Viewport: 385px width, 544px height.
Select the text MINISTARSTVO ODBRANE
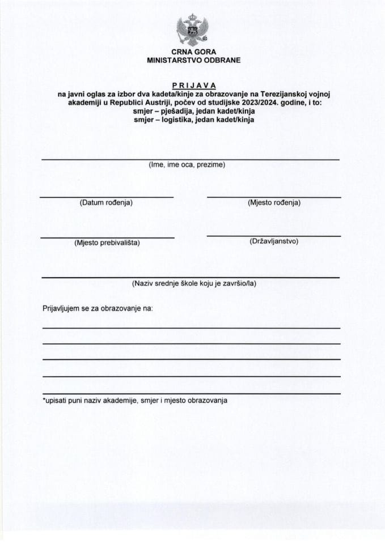pyautogui.click(x=193, y=59)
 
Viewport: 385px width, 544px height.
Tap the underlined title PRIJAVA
pyautogui.click(x=193, y=86)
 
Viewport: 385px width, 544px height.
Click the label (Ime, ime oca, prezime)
pyautogui.click(x=187, y=165)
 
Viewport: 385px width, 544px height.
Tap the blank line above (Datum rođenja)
pyautogui.click(x=107, y=197)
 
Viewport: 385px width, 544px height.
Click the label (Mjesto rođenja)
pyautogui.click(x=274, y=202)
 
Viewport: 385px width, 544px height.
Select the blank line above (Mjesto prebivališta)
pyautogui.click(x=107, y=237)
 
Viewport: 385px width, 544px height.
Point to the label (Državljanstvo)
pyautogui.click(x=274, y=241)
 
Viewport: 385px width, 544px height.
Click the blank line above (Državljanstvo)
pyautogui.click(x=274, y=236)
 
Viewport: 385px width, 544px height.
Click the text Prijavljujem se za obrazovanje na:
pyautogui.click(x=98, y=309)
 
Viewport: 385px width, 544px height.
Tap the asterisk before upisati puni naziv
pyautogui.click(x=44, y=400)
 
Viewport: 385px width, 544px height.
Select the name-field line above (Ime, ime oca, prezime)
pyautogui.click(x=191, y=160)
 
